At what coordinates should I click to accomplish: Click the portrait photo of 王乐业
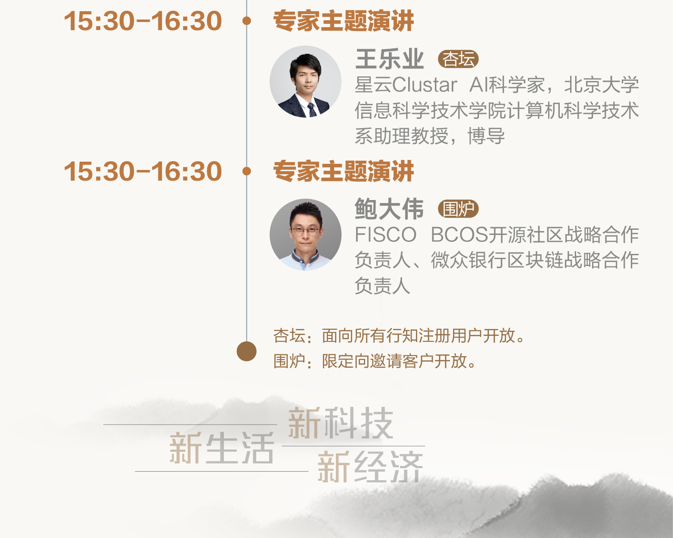[x=305, y=81]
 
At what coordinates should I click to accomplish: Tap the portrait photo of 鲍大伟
[x=305, y=235]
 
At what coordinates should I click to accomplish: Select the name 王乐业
[x=390, y=59]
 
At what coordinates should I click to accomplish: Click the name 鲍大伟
[x=389, y=209]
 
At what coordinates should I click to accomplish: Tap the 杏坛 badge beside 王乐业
[x=458, y=59]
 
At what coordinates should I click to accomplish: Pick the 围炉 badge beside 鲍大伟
[x=458, y=210]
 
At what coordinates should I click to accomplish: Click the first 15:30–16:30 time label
[x=143, y=21]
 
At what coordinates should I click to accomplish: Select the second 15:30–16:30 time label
[x=143, y=171]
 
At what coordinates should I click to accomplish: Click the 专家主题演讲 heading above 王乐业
[x=344, y=21]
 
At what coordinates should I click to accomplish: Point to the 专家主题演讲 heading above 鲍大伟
[x=344, y=171]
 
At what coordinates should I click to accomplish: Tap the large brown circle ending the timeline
[x=247, y=351]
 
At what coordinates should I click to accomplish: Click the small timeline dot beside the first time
[x=247, y=20]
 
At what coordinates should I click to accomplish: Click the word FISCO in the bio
[x=385, y=235]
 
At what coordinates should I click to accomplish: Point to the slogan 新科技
[x=340, y=423]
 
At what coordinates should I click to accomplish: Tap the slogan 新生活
[x=222, y=448]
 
